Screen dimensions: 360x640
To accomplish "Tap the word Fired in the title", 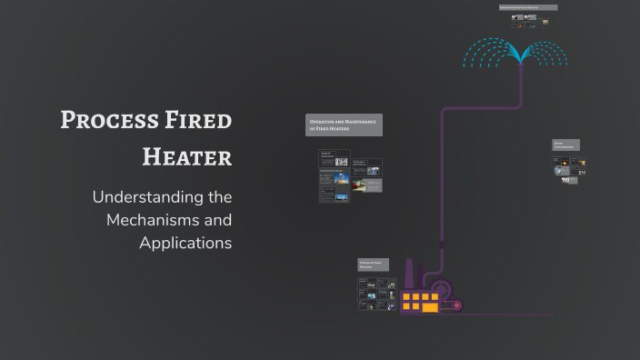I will tap(194, 120).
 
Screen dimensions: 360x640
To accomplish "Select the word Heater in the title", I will tap(187, 156).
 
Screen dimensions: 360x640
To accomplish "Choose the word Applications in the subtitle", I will tap(185, 243).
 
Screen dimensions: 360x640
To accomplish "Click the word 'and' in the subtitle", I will tap(217, 220).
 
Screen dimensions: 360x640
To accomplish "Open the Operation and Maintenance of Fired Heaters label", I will tap(345, 125).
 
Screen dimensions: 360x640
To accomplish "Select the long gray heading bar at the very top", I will tap(528, 7).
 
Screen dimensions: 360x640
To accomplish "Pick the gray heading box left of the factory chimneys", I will tap(373, 265).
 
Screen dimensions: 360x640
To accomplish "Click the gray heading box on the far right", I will tap(565, 145).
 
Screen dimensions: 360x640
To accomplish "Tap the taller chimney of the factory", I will tap(408, 274).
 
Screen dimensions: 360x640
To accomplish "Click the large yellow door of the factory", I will tap(430, 307).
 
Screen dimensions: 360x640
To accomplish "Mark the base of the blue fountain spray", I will tap(521, 61).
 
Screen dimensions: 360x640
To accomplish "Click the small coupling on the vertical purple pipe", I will tap(443, 245).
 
